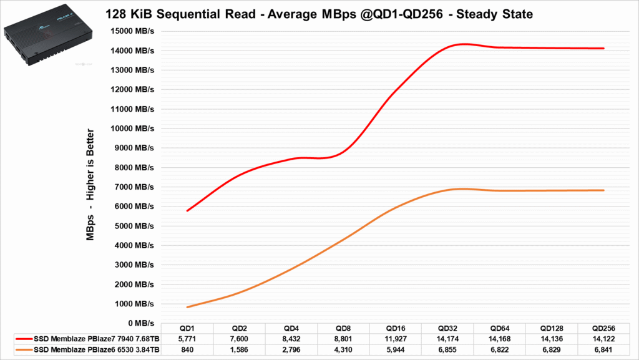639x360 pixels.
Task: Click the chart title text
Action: tap(319, 13)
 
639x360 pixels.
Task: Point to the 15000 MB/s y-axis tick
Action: tap(132, 31)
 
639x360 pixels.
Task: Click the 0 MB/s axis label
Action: tap(140, 323)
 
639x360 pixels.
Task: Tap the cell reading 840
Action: tap(187, 349)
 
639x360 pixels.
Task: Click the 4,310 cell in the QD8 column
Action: tap(343, 349)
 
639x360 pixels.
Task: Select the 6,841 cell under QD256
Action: tap(603, 349)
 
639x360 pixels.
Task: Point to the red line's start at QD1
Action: tap(187, 211)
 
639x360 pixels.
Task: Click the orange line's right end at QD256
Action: tap(603, 190)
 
